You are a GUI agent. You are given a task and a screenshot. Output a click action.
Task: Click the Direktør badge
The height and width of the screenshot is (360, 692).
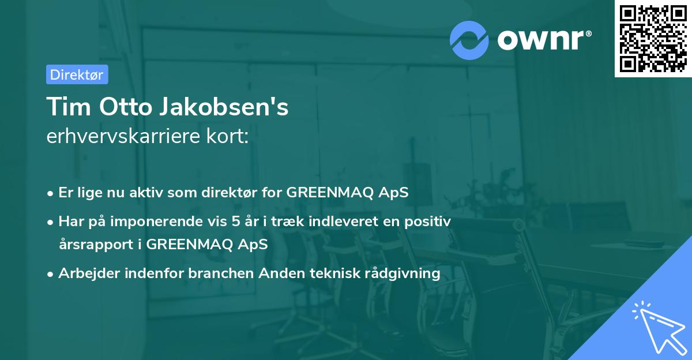coord(77,74)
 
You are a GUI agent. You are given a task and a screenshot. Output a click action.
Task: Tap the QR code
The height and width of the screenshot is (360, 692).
coord(653,38)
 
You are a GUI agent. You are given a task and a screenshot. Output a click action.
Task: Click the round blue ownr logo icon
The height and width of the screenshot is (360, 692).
coord(470,40)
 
